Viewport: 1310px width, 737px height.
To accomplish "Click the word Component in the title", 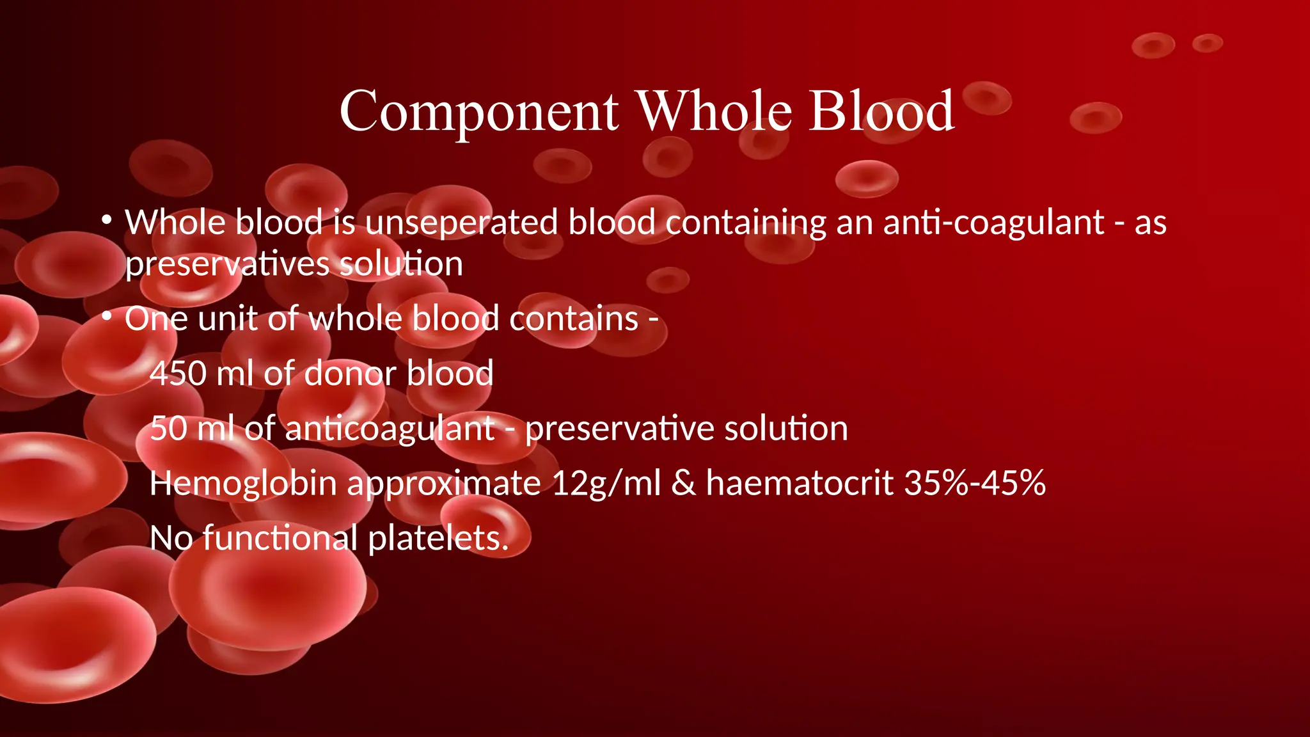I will (x=479, y=112).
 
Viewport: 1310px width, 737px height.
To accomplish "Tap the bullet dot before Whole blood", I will (x=107, y=221).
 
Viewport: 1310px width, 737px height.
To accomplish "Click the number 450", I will (x=177, y=374).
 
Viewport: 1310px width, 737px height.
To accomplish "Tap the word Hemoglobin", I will (x=243, y=484).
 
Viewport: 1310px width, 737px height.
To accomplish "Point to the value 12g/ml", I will (x=606, y=484).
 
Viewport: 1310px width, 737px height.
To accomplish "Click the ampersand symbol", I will (x=683, y=484).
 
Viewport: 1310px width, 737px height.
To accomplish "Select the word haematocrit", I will (x=800, y=484).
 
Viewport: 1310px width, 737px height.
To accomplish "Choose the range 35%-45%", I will (x=975, y=484).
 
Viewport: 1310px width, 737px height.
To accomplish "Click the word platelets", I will (x=438, y=539).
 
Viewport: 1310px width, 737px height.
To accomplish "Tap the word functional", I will (x=280, y=539).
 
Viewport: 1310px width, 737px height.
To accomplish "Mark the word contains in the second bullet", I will (x=574, y=319).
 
